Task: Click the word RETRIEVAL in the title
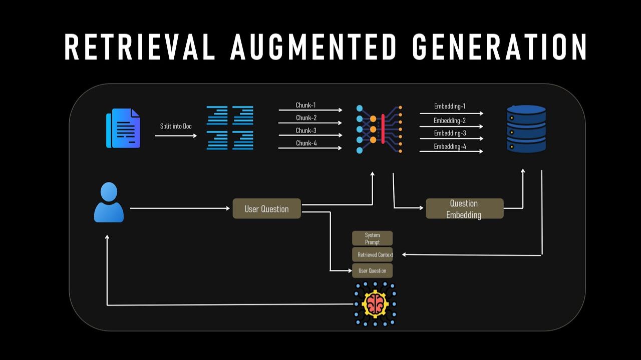[140, 48]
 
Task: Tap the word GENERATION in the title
[500, 48]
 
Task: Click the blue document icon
[123, 129]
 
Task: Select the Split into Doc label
[176, 126]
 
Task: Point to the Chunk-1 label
[306, 105]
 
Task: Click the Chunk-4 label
[306, 143]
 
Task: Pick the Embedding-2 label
[450, 121]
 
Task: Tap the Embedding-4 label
[450, 147]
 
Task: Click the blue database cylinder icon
[526, 129]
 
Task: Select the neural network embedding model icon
[379, 129]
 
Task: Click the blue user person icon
[109, 202]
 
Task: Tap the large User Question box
[266, 209]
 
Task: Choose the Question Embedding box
[464, 209]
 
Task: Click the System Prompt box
[372, 238]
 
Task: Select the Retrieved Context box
[373, 255]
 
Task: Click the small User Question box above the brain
[372, 271]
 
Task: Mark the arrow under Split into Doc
[176, 135]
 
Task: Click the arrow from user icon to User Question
[180, 208]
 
